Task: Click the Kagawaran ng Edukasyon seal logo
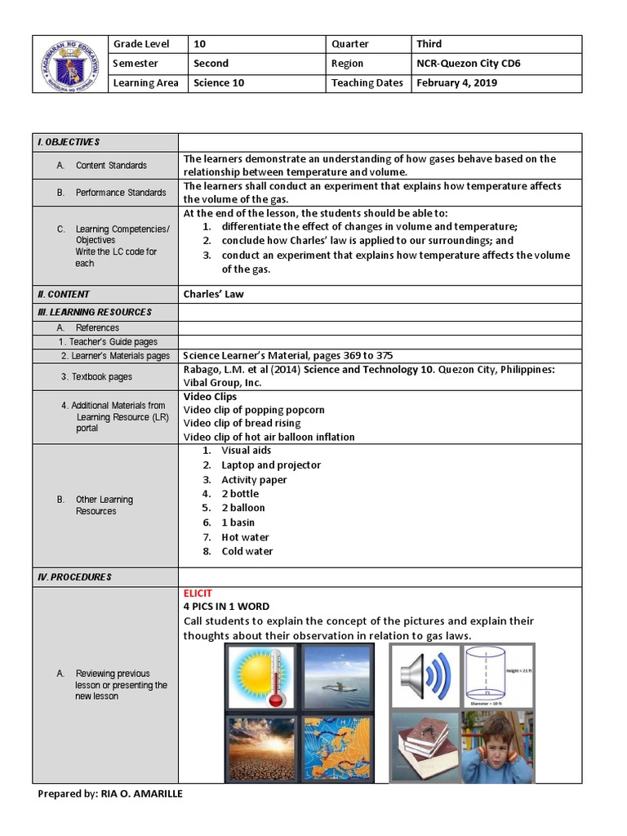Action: coord(70,64)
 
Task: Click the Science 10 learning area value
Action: coord(218,83)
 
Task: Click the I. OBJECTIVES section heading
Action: coord(69,142)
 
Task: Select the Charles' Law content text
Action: coord(213,294)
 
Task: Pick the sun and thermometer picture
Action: coord(261,678)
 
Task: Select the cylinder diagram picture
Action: coord(498,677)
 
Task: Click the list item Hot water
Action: coord(245,537)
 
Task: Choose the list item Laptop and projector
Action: coord(271,465)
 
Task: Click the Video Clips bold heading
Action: coord(210,397)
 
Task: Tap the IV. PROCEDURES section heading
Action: coord(74,577)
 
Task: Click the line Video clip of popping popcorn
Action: coord(254,410)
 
